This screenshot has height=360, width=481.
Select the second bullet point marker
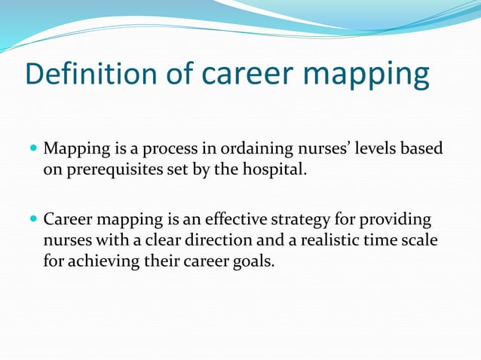(x=32, y=220)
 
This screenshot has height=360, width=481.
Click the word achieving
(x=105, y=261)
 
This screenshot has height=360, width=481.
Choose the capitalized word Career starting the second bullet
(x=66, y=221)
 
